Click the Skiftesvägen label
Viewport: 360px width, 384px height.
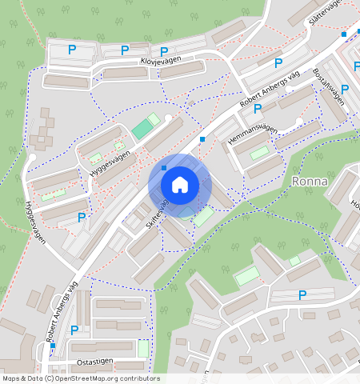[x=158, y=216]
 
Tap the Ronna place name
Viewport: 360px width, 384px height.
[x=310, y=182]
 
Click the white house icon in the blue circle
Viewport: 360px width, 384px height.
[x=180, y=185]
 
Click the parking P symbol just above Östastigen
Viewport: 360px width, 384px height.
[x=74, y=330]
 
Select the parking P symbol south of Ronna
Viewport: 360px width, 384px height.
[x=302, y=296]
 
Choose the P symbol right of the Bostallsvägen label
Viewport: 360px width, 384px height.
[x=345, y=89]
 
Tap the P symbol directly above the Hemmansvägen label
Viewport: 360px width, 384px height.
[x=258, y=109]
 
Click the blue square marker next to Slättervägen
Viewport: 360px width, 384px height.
[x=344, y=34]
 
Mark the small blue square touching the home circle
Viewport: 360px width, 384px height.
[x=163, y=168]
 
